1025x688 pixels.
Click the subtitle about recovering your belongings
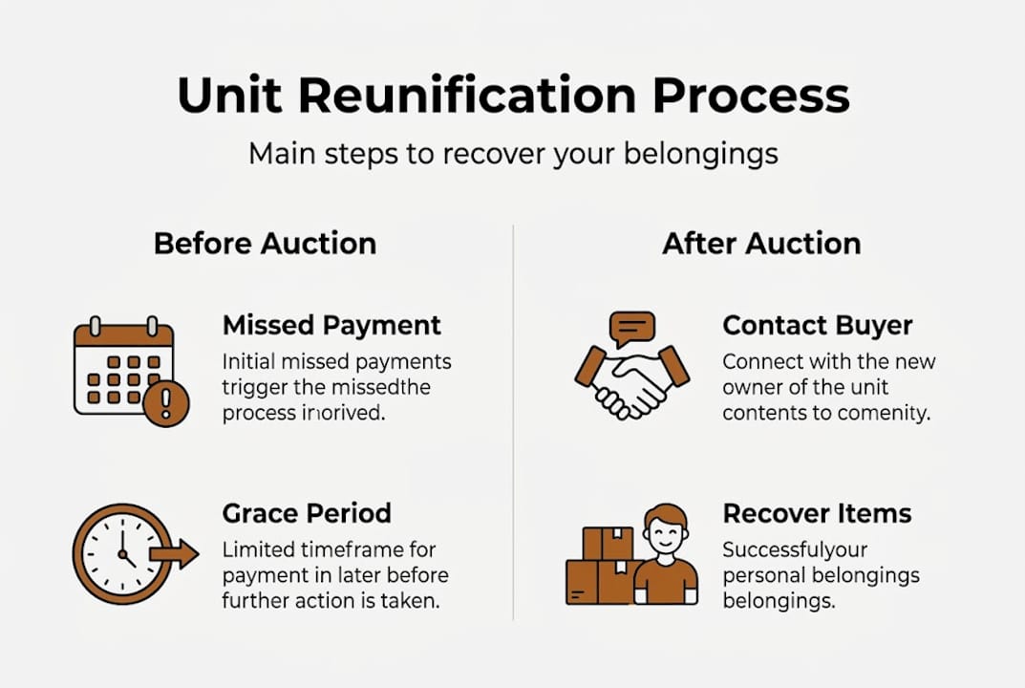point(513,154)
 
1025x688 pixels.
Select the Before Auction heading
point(265,243)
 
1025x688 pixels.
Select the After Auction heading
point(761,243)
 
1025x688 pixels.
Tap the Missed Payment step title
point(331,325)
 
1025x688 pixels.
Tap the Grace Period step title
point(307,513)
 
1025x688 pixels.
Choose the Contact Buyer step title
point(818,325)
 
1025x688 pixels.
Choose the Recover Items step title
point(817,513)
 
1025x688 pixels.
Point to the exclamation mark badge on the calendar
point(165,401)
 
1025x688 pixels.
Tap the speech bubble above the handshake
point(633,329)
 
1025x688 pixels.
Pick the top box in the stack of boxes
point(608,544)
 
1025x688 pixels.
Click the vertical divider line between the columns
point(513,420)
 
